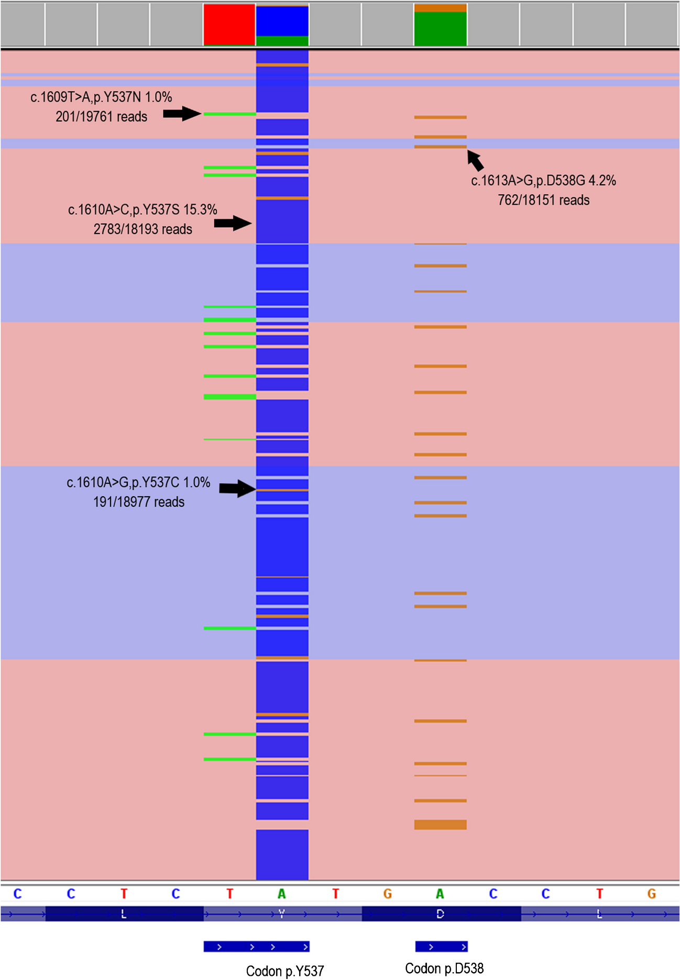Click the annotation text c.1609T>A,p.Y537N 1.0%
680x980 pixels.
click(101, 97)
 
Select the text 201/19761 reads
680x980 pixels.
click(101, 116)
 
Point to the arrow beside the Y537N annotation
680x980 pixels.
click(182, 114)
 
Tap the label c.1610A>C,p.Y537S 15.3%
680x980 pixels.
click(142, 209)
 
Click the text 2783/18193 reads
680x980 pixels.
click(142, 229)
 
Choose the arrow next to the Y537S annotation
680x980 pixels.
click(233, 223)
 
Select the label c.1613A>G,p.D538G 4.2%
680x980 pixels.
click(543, 181)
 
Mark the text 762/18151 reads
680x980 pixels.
click(543, 200)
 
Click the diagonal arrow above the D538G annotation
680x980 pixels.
click(475, 160)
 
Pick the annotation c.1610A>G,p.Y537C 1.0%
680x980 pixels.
click(138, 482)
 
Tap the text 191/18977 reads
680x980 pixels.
click(138, 502)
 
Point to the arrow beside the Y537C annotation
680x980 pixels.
click(237, 488)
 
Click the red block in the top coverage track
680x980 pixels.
click(229, 24)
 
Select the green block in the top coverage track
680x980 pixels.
click(440, 28)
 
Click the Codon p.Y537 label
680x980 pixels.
click(285, 971)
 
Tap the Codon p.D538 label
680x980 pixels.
click(444, 968)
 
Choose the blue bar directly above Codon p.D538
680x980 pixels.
click(441, 946)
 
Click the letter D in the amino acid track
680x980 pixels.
click(440, 914)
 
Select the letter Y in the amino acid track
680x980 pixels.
click(282, 914)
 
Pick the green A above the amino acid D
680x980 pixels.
click(440, 894)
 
